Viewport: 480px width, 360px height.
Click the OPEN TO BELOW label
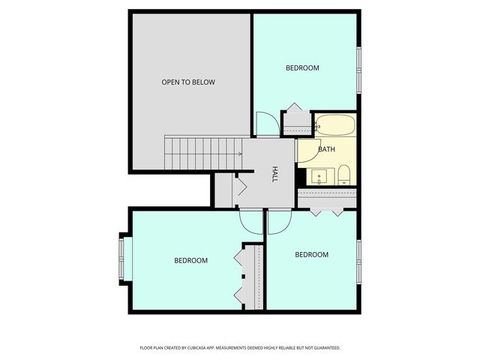[188, 82]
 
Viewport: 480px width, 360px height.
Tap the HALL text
[275, 174]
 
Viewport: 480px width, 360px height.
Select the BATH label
[326, 149]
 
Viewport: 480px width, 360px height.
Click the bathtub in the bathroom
[335, 125]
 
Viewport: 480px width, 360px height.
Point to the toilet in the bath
[343, 176]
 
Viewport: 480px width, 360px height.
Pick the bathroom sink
[319, 177]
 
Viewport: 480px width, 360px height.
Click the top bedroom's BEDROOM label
[302, 68]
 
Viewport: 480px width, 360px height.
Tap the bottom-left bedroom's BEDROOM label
[190, 261]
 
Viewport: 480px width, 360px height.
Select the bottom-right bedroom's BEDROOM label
[311, 255]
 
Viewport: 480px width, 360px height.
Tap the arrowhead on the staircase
[239, 154]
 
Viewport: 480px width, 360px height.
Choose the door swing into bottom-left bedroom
[250, 220]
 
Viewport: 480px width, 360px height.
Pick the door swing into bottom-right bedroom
[279, 220]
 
